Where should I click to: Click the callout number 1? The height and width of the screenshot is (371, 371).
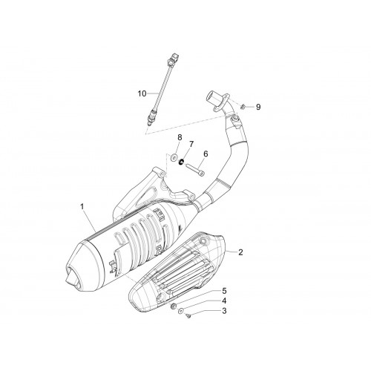tap(82, 207)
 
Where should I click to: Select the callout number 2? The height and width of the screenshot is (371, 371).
tap(240, 252)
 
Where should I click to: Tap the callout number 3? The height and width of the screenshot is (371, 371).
tap(224, 311)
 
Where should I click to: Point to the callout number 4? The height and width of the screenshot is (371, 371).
tap(224, 301)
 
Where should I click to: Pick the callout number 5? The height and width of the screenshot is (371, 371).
tap(224, 291)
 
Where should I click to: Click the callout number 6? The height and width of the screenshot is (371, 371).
tap(206, 154)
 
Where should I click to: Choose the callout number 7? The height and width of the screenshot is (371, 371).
tap(191, 144)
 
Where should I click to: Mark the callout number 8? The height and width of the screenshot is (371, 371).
tap(180, 137)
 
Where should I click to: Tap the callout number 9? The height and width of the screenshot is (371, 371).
tap(258, 107)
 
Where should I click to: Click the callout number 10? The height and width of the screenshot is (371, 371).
tap(142, 93)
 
